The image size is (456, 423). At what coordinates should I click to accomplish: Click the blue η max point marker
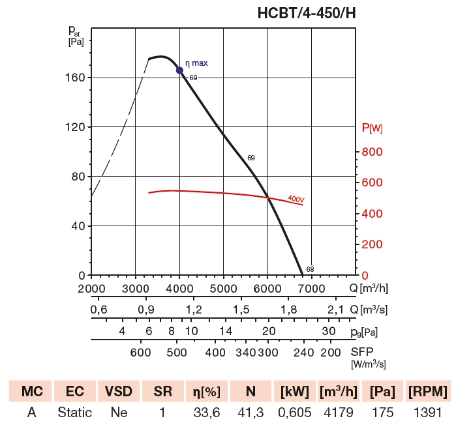pyautogui.click(x=179, y=70)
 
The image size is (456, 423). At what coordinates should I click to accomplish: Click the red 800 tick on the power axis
pyautogui.click(x=371, y=152)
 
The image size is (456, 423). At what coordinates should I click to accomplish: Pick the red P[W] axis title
pyautogui.click(x=372, y=128)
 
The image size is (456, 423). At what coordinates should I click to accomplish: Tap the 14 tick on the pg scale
pyautogui.click(x=225, y=331)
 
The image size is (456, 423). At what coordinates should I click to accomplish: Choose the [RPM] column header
pyautogui.click(x=427, y=392)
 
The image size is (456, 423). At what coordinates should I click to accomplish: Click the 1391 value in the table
pyautogui.click(x=427, y=413)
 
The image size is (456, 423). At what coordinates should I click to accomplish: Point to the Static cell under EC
pyautogui.click(x=74, y=413)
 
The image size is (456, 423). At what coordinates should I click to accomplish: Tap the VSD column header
pyautogui.click(x=118, y=392)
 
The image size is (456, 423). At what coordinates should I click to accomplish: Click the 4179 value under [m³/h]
pyautogui.click(x=339, y=413)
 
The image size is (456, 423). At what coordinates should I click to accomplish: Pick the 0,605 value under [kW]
pyautogui.click(x=294, y=413)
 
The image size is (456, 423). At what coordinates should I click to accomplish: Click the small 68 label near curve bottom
pyautogui.click(x=310, y=269)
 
